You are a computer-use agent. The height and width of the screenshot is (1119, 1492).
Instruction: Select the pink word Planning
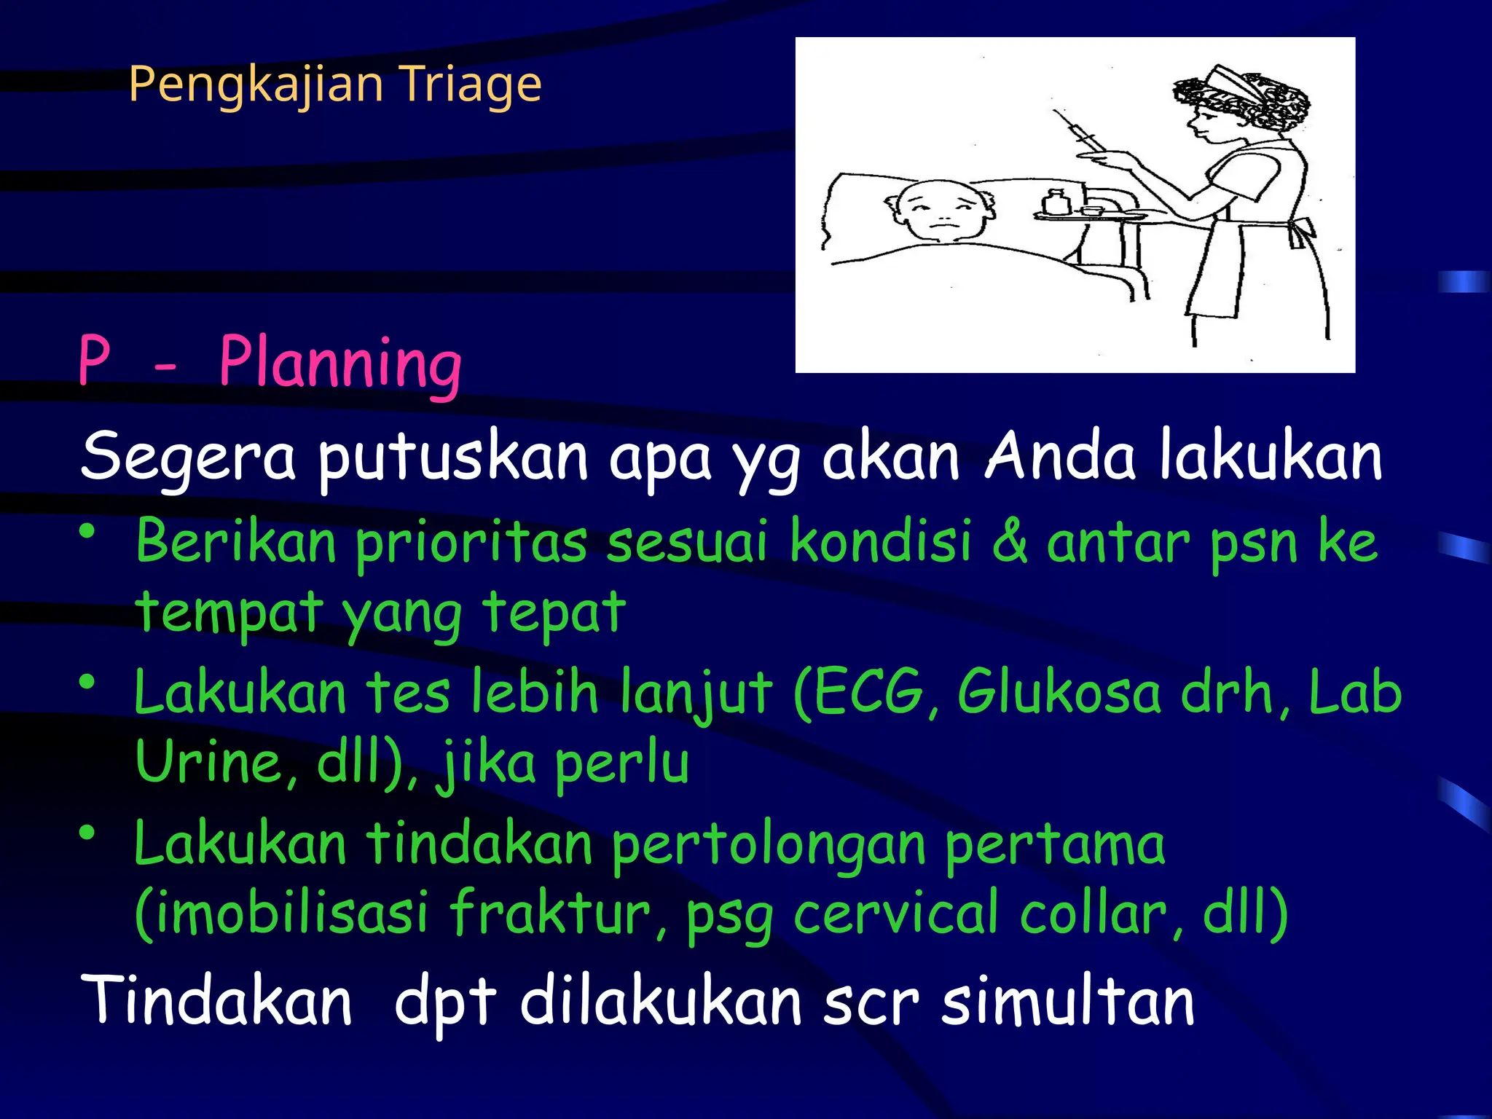(x=340, y=363)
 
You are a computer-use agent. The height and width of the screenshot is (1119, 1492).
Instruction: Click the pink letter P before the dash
(x=95, y=360)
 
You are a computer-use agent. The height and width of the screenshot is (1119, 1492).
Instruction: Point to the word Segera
(x=188, y=458)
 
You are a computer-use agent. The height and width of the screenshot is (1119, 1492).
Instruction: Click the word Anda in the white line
(x=1060, y=456)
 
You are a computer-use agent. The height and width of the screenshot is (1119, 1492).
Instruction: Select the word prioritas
(x=471, y=543)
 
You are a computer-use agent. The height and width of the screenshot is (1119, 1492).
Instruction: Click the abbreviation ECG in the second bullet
(x=867, y=692)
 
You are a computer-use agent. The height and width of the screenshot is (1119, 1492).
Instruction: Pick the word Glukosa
(x=1059, y=692)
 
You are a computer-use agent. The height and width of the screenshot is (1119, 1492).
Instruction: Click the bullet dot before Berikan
(x=88, y=532)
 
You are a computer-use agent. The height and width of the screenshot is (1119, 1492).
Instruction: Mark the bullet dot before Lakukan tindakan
(x=88, y=832)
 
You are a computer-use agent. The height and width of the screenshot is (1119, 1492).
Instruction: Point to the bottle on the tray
(x=1055, y=202)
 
